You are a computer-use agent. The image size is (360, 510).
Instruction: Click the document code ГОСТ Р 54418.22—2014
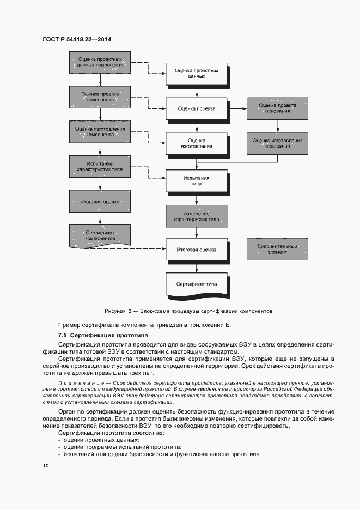click(77, 39)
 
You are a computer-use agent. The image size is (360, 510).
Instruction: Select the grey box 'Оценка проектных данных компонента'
click(99, 63)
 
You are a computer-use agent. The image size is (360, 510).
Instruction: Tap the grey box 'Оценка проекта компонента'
click(99, 97)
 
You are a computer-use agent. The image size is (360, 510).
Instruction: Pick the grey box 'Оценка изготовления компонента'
click(99, 132)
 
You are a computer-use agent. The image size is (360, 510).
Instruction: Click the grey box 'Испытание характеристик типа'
click(99, 167)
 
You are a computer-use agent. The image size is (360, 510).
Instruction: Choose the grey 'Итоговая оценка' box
click(99, 202)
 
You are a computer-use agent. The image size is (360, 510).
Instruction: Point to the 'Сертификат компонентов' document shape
click(99, 235)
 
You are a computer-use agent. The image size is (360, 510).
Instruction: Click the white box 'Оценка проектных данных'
click(196, 74)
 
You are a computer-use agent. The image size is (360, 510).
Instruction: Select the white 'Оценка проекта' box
click(196, 108)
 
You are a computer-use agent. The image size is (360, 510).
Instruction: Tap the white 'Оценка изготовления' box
click(196, 143)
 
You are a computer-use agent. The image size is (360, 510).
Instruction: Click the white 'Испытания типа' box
click(196, 180)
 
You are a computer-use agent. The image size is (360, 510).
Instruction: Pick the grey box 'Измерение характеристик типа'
click(196, 215)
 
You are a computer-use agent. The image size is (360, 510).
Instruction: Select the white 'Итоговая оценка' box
click(196, 250)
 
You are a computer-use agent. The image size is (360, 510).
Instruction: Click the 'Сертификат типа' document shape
click(196, 285)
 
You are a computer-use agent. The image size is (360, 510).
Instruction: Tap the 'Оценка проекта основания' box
click(277, 108)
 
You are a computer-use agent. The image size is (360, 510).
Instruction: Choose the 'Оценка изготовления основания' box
click(277, 143)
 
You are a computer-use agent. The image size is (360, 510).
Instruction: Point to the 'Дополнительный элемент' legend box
click(277, 250)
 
